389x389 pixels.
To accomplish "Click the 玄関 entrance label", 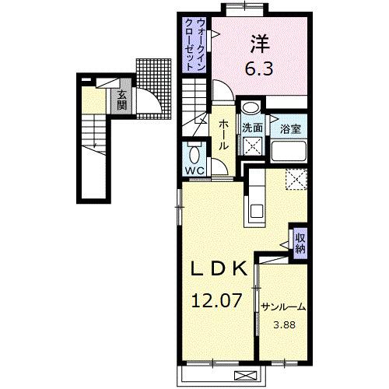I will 121,101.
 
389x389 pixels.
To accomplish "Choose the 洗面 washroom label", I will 251,128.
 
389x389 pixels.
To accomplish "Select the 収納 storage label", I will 300,241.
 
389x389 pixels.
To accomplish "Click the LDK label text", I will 219,269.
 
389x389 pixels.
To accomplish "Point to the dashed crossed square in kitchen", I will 296,179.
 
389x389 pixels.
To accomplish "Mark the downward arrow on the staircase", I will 92,140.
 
